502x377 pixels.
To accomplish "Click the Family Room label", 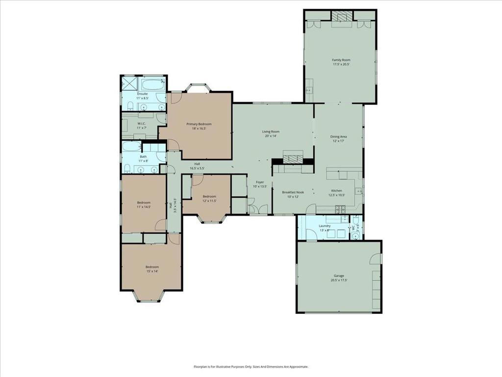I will point(341,60).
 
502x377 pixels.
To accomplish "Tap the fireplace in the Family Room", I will point(341,17).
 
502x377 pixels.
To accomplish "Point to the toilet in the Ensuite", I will point(126,107).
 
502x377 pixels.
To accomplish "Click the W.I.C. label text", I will point(141,123).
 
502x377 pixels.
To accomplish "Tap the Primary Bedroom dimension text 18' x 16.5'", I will point(199,129).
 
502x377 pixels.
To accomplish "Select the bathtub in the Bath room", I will point(131,147).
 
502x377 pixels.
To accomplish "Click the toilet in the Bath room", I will point(127,169).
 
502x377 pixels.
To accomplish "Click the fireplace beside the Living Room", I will point(292,160).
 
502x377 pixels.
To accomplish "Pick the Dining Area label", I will point(339,136).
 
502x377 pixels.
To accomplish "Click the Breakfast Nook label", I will point(293,192).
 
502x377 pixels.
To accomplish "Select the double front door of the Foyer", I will point(255,210).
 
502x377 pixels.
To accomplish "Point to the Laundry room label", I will point(325,226).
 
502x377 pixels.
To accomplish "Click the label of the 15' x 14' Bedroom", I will point(151,267).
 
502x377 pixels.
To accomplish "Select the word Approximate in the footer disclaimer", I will point(296,366).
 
